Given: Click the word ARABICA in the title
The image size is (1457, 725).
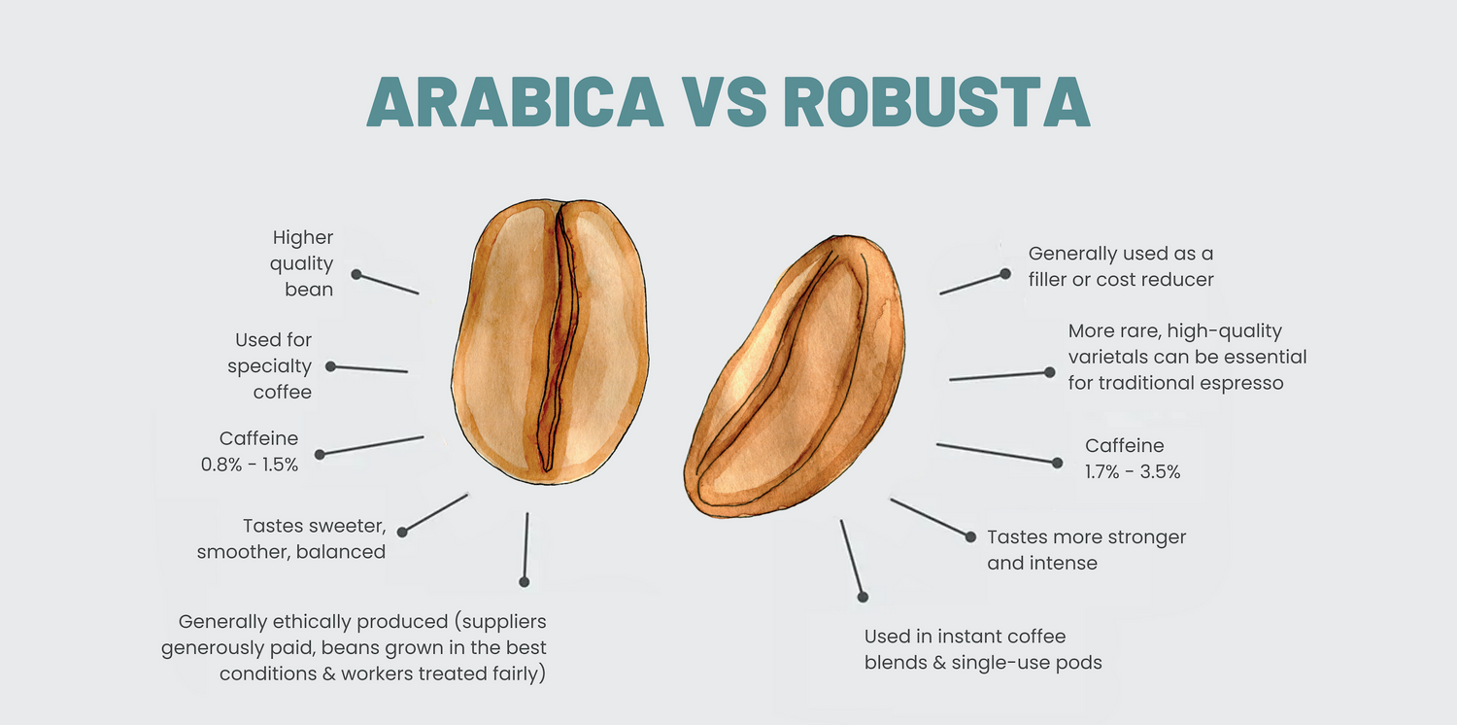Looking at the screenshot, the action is [515, 102].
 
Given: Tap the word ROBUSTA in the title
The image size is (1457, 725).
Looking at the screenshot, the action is [936, 102].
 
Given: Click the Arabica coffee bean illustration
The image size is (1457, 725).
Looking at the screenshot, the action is [551, 342].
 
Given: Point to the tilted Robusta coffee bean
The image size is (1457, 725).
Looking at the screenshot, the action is [795, 376].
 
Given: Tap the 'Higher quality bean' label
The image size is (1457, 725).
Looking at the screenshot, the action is [302, 263].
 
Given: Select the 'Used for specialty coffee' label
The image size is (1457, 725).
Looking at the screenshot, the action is [270, 365].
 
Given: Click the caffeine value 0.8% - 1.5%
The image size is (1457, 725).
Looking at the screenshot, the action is [249, 465].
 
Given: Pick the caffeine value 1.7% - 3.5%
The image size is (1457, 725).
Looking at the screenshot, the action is [1133, 472].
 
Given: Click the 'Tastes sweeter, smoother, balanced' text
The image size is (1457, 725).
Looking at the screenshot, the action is [291, 538].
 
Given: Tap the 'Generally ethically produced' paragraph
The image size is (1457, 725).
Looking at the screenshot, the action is [354, 647].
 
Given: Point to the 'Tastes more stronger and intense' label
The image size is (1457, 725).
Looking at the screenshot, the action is [1086, 550].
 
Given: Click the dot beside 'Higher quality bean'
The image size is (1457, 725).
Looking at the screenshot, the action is [356, 275].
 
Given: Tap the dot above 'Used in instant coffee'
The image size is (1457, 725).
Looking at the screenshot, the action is [864, 598].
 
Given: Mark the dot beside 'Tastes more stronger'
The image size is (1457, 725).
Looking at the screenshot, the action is [970, 536].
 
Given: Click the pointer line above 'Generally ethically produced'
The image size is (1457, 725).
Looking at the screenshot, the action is [525, 547].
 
